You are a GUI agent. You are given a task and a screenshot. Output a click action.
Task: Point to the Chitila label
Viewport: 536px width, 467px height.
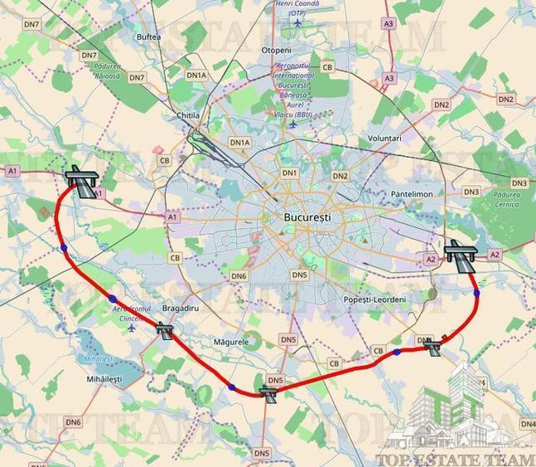188,115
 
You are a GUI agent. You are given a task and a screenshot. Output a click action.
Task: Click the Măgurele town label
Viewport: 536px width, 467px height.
231,341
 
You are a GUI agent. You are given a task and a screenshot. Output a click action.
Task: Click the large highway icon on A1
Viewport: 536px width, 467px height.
81,180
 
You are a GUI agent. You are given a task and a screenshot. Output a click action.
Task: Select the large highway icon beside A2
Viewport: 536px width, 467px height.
458,252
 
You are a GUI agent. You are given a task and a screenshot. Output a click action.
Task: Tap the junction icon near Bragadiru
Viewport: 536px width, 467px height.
166,331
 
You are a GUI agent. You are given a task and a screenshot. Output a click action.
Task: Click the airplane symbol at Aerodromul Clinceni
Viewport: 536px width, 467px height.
132,328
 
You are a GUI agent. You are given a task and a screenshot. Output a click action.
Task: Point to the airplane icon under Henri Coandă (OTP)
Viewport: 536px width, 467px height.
297,22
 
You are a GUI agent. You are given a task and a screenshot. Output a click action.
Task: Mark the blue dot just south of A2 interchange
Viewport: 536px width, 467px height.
476,292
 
